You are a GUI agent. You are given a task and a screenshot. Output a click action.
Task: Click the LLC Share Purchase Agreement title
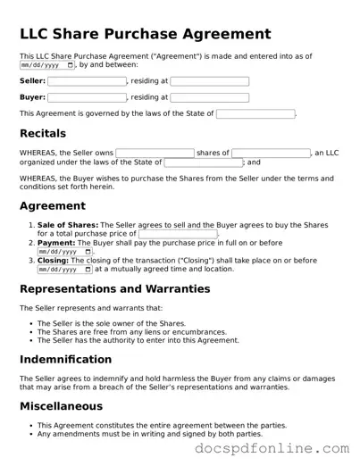point(145,35)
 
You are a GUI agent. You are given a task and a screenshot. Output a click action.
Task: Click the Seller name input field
point(87,81)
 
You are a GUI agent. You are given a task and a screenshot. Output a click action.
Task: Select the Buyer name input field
point(87,97)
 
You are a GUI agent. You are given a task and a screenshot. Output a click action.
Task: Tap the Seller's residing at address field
point(209,81)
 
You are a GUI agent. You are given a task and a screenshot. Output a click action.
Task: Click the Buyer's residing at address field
point(209,97)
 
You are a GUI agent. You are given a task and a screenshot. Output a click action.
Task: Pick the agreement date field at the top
point(47,65)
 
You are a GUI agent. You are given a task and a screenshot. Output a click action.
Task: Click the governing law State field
point(255,114)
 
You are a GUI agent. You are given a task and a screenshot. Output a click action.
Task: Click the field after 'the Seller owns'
point(155,154)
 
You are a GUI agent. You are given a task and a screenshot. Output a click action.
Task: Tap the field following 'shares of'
point(271,154)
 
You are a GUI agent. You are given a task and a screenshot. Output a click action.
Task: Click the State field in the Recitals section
point(203,162)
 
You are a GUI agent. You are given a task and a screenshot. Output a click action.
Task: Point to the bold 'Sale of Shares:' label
point(68,225)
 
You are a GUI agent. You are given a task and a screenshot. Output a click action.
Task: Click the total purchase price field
point(178,234)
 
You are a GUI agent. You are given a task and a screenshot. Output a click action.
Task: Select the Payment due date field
point(65,252)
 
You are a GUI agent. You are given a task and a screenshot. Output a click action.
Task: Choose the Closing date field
point(65,269)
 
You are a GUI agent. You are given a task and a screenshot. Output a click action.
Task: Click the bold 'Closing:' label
point(57,261)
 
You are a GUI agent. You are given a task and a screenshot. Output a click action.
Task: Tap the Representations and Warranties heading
point(114,289)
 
